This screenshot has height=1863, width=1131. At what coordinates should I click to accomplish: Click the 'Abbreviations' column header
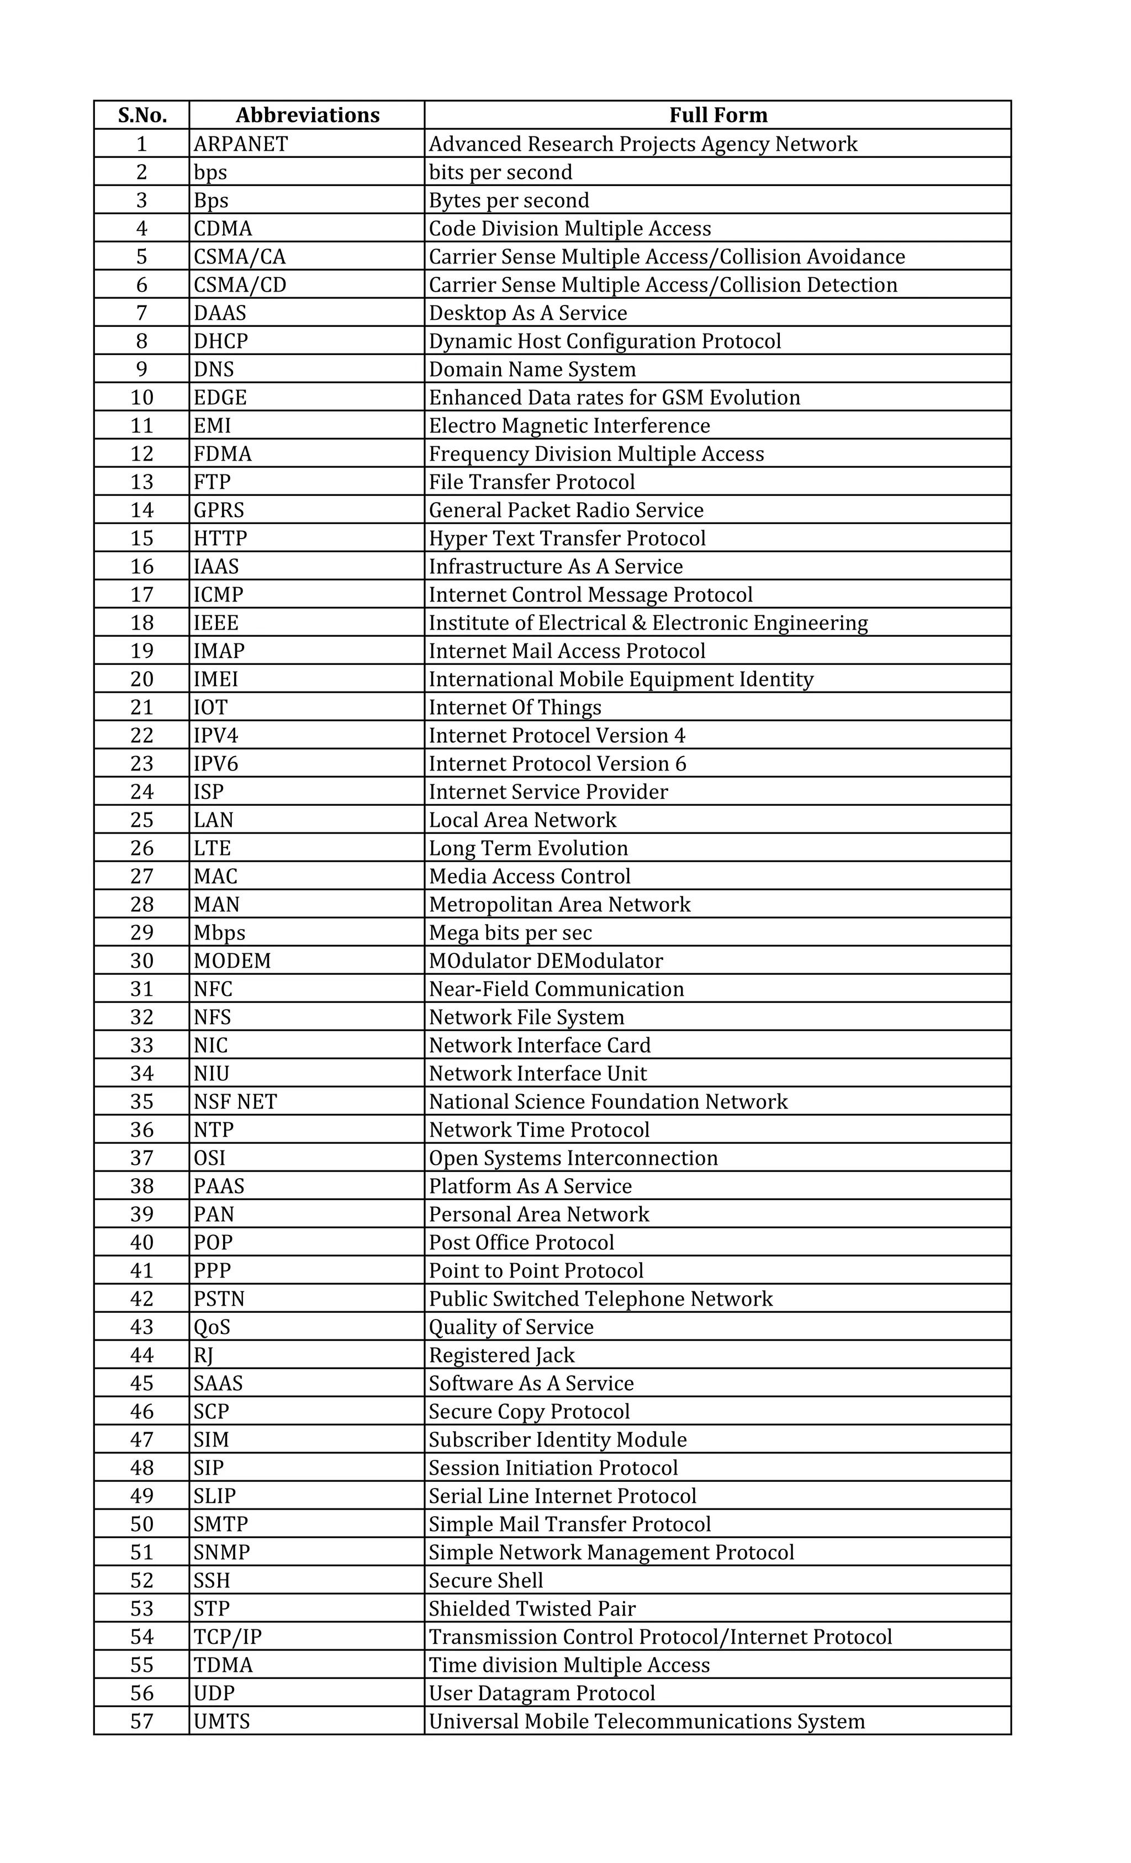(307, 115)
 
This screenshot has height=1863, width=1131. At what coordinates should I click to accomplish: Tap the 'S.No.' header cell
(142, 115)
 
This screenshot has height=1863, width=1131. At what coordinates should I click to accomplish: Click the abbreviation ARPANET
(240, 144)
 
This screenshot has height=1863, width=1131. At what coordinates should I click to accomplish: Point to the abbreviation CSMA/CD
(240, 285)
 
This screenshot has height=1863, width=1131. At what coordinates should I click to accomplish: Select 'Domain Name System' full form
(532, 369)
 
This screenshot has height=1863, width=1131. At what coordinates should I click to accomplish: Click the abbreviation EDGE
(220, 398)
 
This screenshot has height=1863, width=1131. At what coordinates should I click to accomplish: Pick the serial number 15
(142, 539)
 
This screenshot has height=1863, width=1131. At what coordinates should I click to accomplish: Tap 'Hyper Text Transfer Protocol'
(567, 539)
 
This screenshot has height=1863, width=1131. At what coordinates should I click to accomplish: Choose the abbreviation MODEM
(232, 961)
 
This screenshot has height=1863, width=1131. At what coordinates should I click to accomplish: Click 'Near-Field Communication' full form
(557, 989)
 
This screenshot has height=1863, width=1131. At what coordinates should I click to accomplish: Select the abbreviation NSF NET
(235, 1102)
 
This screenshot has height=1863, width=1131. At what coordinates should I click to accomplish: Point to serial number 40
(142, 1242)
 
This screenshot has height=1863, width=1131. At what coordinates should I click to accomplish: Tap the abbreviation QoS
(212, 1327)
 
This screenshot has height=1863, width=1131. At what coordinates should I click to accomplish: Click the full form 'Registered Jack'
(501, 1355)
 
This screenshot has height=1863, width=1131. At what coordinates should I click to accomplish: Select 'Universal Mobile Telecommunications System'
(646, 1722)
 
